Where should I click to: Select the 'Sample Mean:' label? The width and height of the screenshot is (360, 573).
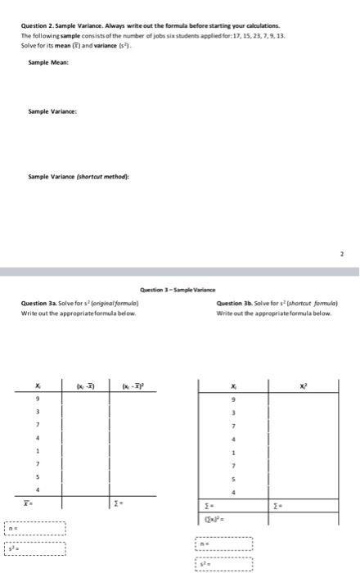(x=48, y=61)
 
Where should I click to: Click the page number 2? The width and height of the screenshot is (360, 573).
(x=343, y=255)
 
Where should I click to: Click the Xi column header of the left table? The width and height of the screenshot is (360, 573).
(x=38, y=384)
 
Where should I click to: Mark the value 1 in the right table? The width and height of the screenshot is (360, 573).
(x=236, y=453)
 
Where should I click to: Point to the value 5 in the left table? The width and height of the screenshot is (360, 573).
(x=38, y=476)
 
